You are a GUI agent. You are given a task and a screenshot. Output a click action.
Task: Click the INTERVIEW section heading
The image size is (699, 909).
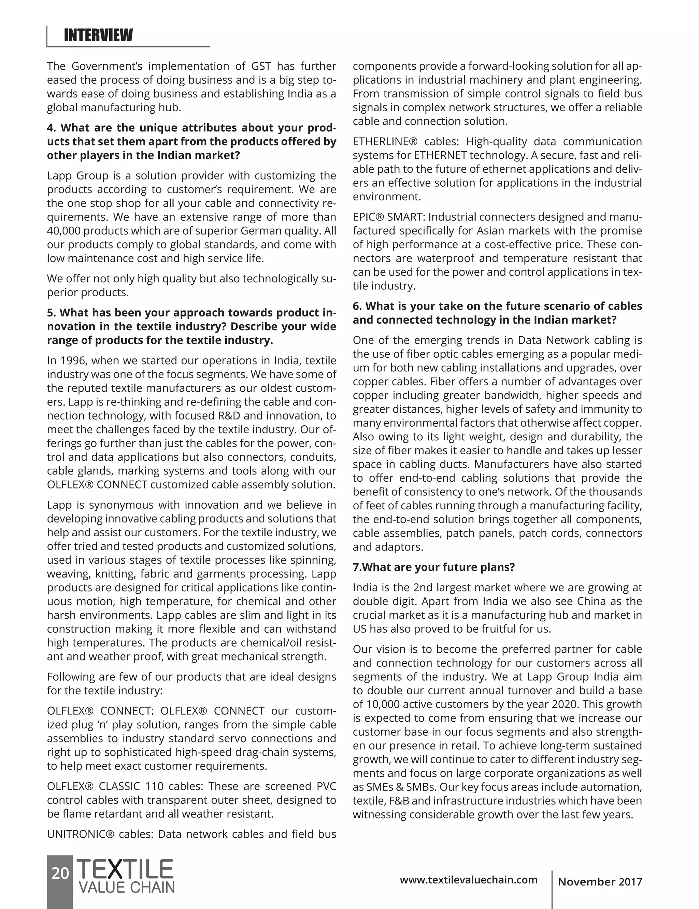tap(98, 36)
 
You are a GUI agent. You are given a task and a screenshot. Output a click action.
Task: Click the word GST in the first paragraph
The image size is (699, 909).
tap(261, 66)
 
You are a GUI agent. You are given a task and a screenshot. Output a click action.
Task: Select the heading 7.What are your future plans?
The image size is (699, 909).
tap(433, 567)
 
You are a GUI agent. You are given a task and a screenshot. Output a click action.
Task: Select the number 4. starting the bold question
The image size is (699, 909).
tap(52, 128)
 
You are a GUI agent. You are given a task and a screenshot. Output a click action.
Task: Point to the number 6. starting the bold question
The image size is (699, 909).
tap(357, 306)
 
